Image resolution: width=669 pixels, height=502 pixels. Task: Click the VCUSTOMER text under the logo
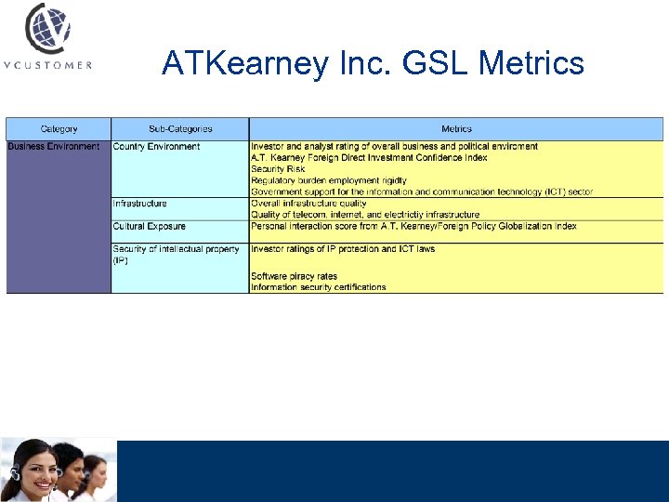(47, 65)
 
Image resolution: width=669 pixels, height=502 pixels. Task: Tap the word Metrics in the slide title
(531, 63)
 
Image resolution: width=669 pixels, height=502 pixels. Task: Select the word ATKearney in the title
(244, 63)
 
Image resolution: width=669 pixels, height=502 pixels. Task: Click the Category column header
(59, 129)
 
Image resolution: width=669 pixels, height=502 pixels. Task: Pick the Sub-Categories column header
(180, 129)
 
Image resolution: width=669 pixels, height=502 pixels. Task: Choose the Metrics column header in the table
(456, 129)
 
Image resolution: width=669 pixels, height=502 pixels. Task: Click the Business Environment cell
(54, 147)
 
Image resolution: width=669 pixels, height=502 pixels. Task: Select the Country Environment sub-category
(156, 147)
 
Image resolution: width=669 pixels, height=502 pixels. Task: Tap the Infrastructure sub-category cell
(140, 204)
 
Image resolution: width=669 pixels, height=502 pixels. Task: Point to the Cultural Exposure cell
(150, 227)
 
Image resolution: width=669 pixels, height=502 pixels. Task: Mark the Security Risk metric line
(278, 169)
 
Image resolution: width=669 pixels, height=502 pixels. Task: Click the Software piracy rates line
(294, 276)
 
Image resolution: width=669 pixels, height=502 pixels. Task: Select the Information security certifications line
(318, 287)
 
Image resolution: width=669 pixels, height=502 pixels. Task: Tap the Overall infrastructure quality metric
(308, 204)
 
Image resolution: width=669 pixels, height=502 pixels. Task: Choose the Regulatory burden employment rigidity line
(329, 180)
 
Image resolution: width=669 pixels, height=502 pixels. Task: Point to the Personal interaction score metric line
(413, 227)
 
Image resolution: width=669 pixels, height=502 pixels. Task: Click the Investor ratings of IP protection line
(343, 249)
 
